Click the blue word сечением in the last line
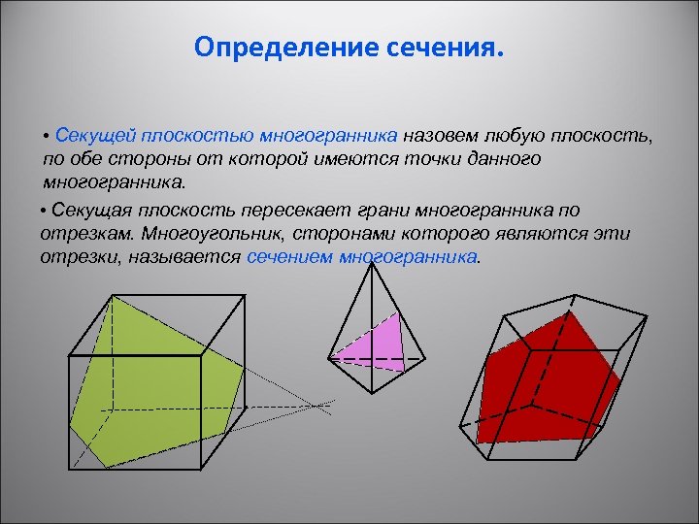tap(289, 258)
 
